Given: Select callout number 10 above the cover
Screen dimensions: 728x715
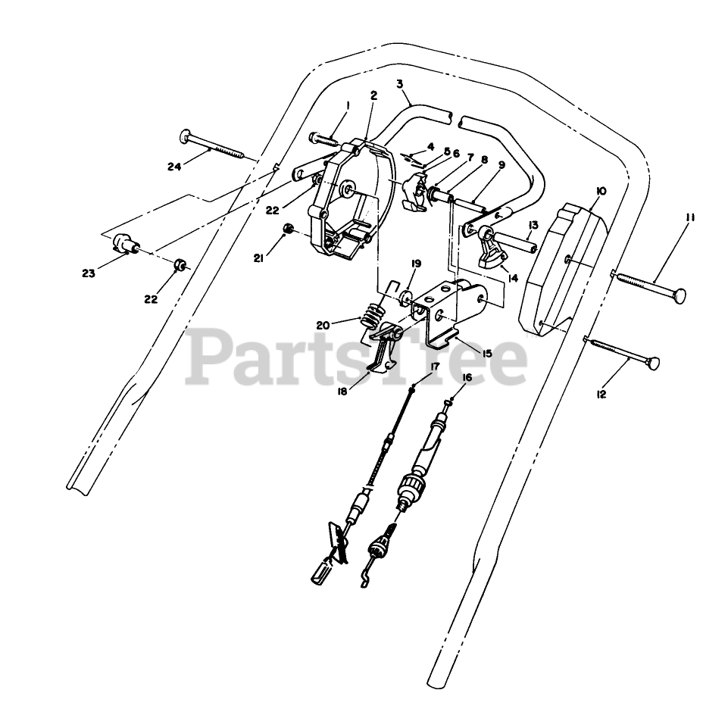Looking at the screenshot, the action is click(600, 192).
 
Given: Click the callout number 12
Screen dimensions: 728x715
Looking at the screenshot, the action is click(602, 394).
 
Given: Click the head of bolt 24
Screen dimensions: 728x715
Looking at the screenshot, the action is click(186, 136).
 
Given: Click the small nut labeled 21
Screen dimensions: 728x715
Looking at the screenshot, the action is click(288, 229).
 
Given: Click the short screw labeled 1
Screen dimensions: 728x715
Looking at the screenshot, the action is click(323, 139).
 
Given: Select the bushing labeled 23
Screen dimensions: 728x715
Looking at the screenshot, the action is click(123, 245).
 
